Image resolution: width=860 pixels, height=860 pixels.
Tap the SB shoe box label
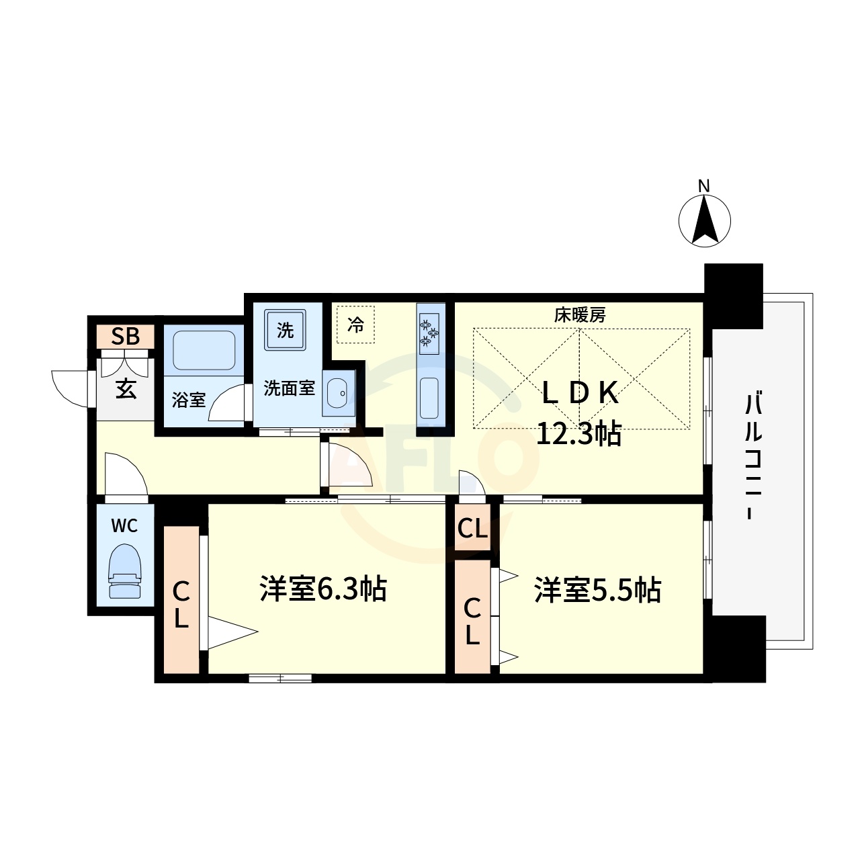pyautogui.click(x=126, y=337)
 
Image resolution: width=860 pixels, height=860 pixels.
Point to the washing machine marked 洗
pyautogui.click(x=286, y=329)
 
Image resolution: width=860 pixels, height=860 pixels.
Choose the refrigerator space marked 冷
pyautogui.click(x=355, y=325)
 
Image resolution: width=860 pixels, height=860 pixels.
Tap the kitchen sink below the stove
pyautogui.click(x=429, y=398)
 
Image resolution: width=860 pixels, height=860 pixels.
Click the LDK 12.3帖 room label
pyautogui.click(x=579, y=413)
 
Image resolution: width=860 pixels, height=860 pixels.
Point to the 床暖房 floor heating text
pyautogui.click(x=580, y=314)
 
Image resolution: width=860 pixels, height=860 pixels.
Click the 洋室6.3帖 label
pyautogui.click(x=323, y=589)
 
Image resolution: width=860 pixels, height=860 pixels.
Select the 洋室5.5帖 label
pyautogui.click(x=597, y=590)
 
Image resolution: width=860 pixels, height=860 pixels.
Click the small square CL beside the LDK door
pyautogui.click(x=472, y=529)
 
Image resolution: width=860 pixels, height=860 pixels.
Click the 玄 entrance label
pyautogui.click(x=126, y=389)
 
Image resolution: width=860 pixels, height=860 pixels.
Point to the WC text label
pyautogui.click(x=124, y=525)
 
